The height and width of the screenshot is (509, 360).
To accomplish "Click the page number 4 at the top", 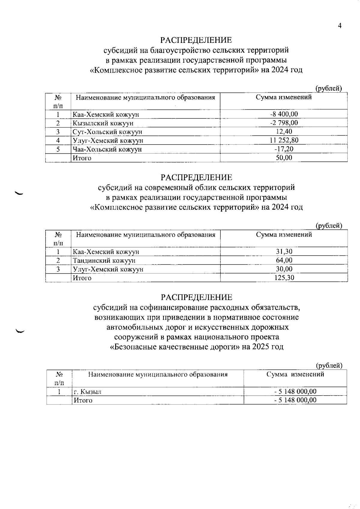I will pos(340,26).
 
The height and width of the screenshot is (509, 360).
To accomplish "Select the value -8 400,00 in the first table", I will pos(284,114).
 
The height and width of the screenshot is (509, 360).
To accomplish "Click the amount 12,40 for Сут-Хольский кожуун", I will pos(284,131).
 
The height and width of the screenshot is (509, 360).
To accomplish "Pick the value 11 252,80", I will pos(284,140).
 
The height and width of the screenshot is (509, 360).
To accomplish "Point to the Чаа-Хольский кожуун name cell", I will pos(107,149).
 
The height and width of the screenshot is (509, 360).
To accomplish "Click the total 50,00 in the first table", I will pos(284,158).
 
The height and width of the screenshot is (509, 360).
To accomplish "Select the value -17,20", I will pos(284,149).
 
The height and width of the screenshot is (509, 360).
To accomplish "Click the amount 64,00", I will pos(284,260).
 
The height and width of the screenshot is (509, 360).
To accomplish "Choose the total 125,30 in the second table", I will pos(284,278).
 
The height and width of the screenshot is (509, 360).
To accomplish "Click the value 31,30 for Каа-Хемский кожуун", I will pos(284,251).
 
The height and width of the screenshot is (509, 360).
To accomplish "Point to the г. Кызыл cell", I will pos(88,392).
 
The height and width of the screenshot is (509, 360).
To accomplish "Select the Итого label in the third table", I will pos(83,400).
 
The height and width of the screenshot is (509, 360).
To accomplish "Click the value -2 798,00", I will pos(284,123).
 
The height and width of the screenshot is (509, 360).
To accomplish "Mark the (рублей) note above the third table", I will pos(329,365).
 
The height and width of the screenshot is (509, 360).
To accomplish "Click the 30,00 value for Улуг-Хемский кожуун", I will pos(284,269).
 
